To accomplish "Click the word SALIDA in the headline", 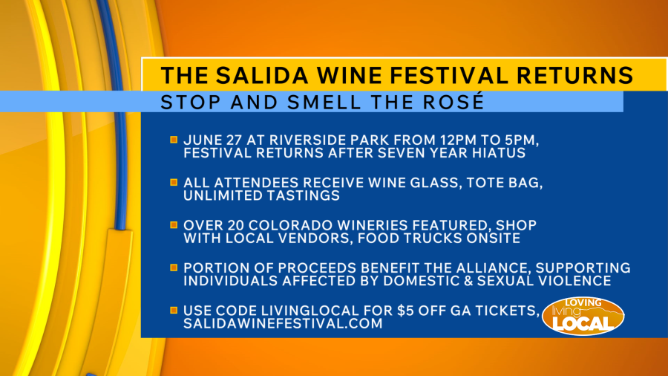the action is tap(261, 76).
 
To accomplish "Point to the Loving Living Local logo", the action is tap(583, 316).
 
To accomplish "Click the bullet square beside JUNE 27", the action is tap(174, 140).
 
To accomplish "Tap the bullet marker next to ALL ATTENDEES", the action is tap(174, 182).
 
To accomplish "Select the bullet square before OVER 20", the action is tap(174, 224).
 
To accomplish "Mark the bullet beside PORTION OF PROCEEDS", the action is tap(174, 268).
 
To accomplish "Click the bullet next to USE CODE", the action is tap(174, 310).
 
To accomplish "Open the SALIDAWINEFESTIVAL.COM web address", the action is tap(283, 323).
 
